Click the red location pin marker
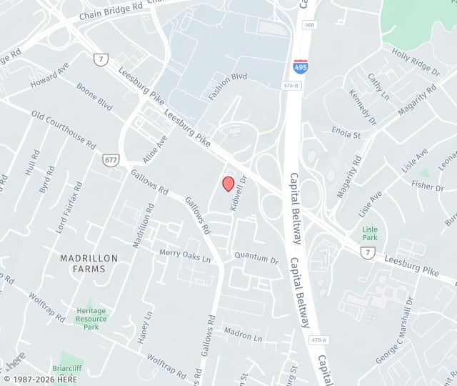(x=228, y=184)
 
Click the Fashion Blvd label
(x=228, y=86)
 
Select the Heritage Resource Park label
(x=91, y=319)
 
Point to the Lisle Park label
(x=369, y=233)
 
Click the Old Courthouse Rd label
(x=63, y=129)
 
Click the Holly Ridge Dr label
(x=415, y=61)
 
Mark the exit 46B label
(x=308, y=44)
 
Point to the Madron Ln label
(x=243, y=334)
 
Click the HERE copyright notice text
(x=41, y=379)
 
